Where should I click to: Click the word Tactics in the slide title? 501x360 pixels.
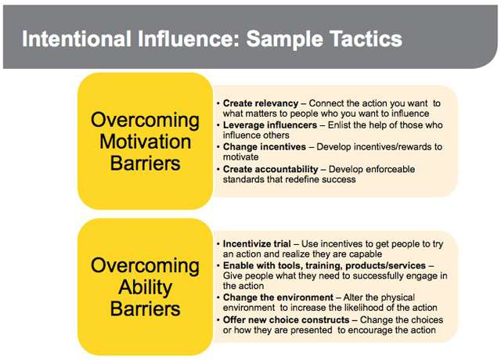[366, 38]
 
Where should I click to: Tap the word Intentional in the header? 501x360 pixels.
[77, 38]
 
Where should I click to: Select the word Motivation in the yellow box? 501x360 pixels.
[146, 142]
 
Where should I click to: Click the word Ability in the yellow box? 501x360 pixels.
[146, 287]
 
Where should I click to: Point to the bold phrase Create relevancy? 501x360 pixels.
[261, 103]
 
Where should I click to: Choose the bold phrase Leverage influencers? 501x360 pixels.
[270, 125]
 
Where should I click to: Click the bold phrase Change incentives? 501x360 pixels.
[265, 146]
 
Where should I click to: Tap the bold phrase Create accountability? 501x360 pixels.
[271, 169]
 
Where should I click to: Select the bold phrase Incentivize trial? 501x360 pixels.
[257, 243]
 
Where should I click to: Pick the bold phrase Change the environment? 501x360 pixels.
[279, 297]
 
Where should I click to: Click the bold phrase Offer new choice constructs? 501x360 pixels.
[287, 320]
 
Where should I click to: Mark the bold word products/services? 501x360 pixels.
[385, 265]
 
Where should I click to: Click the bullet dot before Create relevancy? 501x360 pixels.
[218, 104]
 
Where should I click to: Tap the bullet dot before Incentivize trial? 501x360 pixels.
[218, 244]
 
